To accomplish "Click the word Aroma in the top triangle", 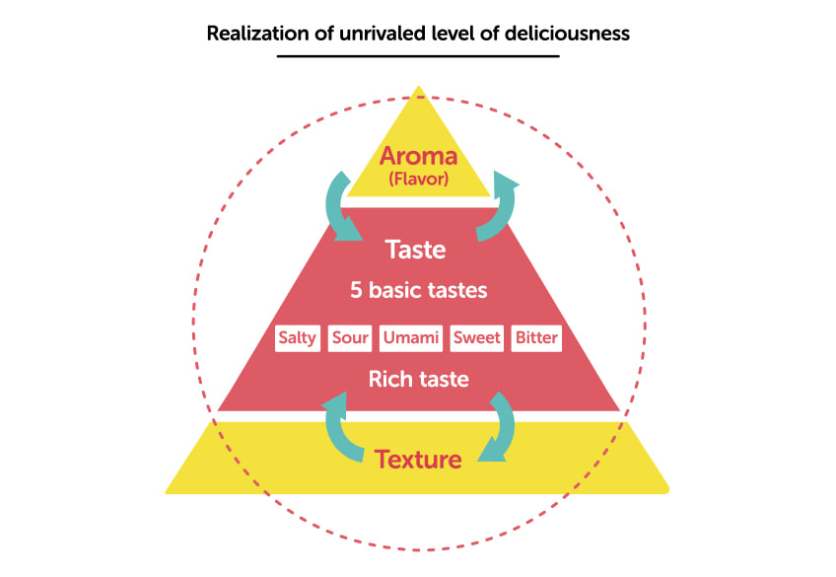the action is tap(419, 156).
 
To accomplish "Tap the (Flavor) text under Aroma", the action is tap(419, 179).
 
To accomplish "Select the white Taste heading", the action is tap(415, 250).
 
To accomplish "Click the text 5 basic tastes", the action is tap(419, 290).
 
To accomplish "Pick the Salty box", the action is tap(298, 338).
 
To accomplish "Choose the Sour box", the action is tap(350, 338).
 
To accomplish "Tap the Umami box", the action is tap(411, 338).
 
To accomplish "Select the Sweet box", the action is tap(476, 338).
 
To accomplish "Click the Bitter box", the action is tap(536, 338).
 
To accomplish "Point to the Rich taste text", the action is tap(419, 379).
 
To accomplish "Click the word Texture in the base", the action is tap(418, 460).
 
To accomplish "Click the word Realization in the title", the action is tap(257, 34).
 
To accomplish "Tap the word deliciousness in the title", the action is tap(567, 34).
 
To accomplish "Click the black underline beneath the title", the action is tap(418, 55).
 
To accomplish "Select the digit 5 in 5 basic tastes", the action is tap(356, 291).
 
